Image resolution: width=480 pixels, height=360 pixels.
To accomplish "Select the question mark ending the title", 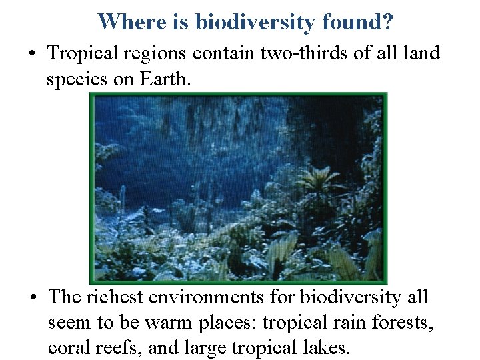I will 388,22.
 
